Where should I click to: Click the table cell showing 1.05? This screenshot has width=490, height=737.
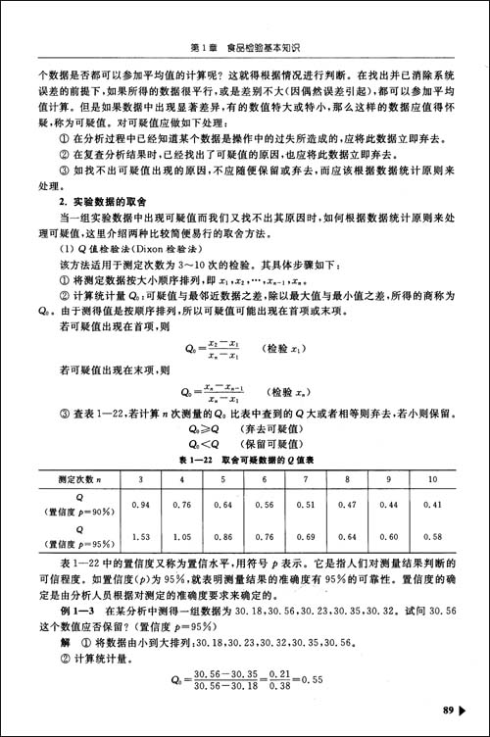180,537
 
